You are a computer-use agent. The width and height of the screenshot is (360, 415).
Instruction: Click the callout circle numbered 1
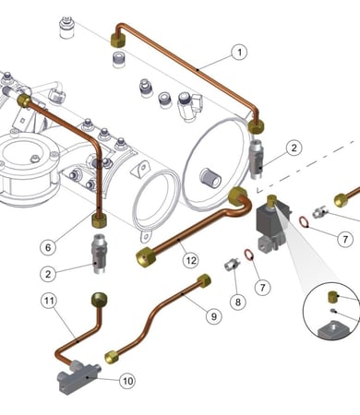239,53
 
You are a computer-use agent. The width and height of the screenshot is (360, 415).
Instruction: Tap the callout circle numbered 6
48,247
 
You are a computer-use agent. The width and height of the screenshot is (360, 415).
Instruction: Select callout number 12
191,260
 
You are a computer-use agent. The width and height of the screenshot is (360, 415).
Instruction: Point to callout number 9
214,315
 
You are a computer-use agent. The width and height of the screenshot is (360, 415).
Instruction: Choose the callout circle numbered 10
127,381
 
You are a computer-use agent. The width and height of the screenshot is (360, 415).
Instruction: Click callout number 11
49,301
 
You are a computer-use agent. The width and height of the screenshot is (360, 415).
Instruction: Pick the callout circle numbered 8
238,302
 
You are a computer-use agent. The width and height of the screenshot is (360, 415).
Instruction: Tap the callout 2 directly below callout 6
48,274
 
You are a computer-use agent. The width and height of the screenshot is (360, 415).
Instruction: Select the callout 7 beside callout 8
262,288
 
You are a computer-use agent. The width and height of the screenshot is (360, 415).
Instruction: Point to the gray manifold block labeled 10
78,375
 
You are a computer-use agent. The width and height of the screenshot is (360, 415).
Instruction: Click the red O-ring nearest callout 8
248,255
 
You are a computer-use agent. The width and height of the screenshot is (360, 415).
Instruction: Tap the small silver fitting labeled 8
233,265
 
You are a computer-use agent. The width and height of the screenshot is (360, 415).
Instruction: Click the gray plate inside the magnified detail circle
333,329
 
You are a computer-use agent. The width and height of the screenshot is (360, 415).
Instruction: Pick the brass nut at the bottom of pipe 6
99,220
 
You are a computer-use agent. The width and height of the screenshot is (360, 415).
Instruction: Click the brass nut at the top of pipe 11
100,300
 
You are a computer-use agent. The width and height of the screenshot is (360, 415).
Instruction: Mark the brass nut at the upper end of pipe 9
204,280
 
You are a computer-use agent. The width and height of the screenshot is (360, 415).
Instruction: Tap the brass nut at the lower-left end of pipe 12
146,257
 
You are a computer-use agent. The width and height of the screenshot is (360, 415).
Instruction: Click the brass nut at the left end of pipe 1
118,41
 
